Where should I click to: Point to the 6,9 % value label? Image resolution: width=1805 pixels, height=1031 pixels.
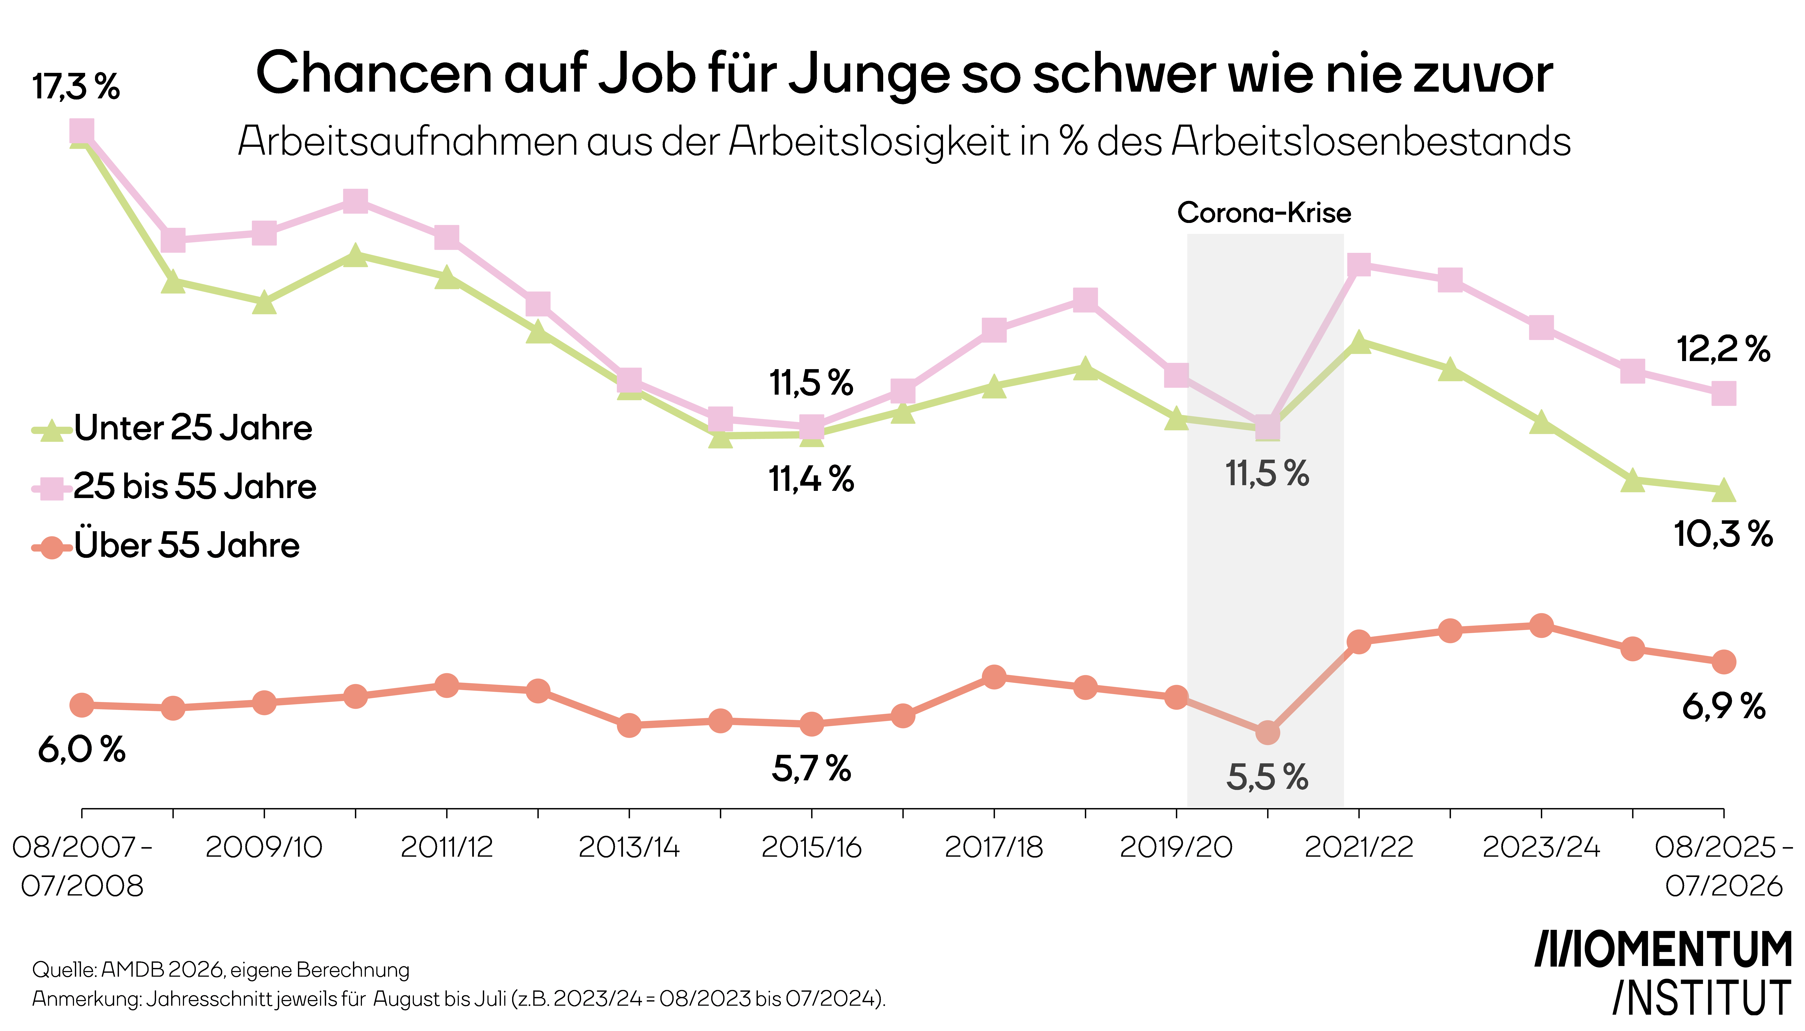click(x=1724, y=707)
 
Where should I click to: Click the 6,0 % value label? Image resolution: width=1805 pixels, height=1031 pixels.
click(x=81, y=749)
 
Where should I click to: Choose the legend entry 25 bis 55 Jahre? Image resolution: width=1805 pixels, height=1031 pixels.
click(x=174, y=486)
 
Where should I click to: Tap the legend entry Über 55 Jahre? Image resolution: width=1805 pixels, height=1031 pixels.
click(x=166, y=545)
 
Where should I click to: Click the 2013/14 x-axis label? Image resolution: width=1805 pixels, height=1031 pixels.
click(x=629, y=847)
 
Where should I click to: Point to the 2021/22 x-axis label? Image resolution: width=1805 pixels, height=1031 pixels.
click(x=1359, y=847)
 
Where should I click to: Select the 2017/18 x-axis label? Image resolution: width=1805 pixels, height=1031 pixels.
click(x=994, y=847)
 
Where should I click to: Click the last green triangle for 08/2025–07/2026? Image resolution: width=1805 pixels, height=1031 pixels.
click(x=1724, y=489)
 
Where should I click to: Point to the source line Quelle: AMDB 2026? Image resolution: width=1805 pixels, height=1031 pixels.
click(x=221, y=969)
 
